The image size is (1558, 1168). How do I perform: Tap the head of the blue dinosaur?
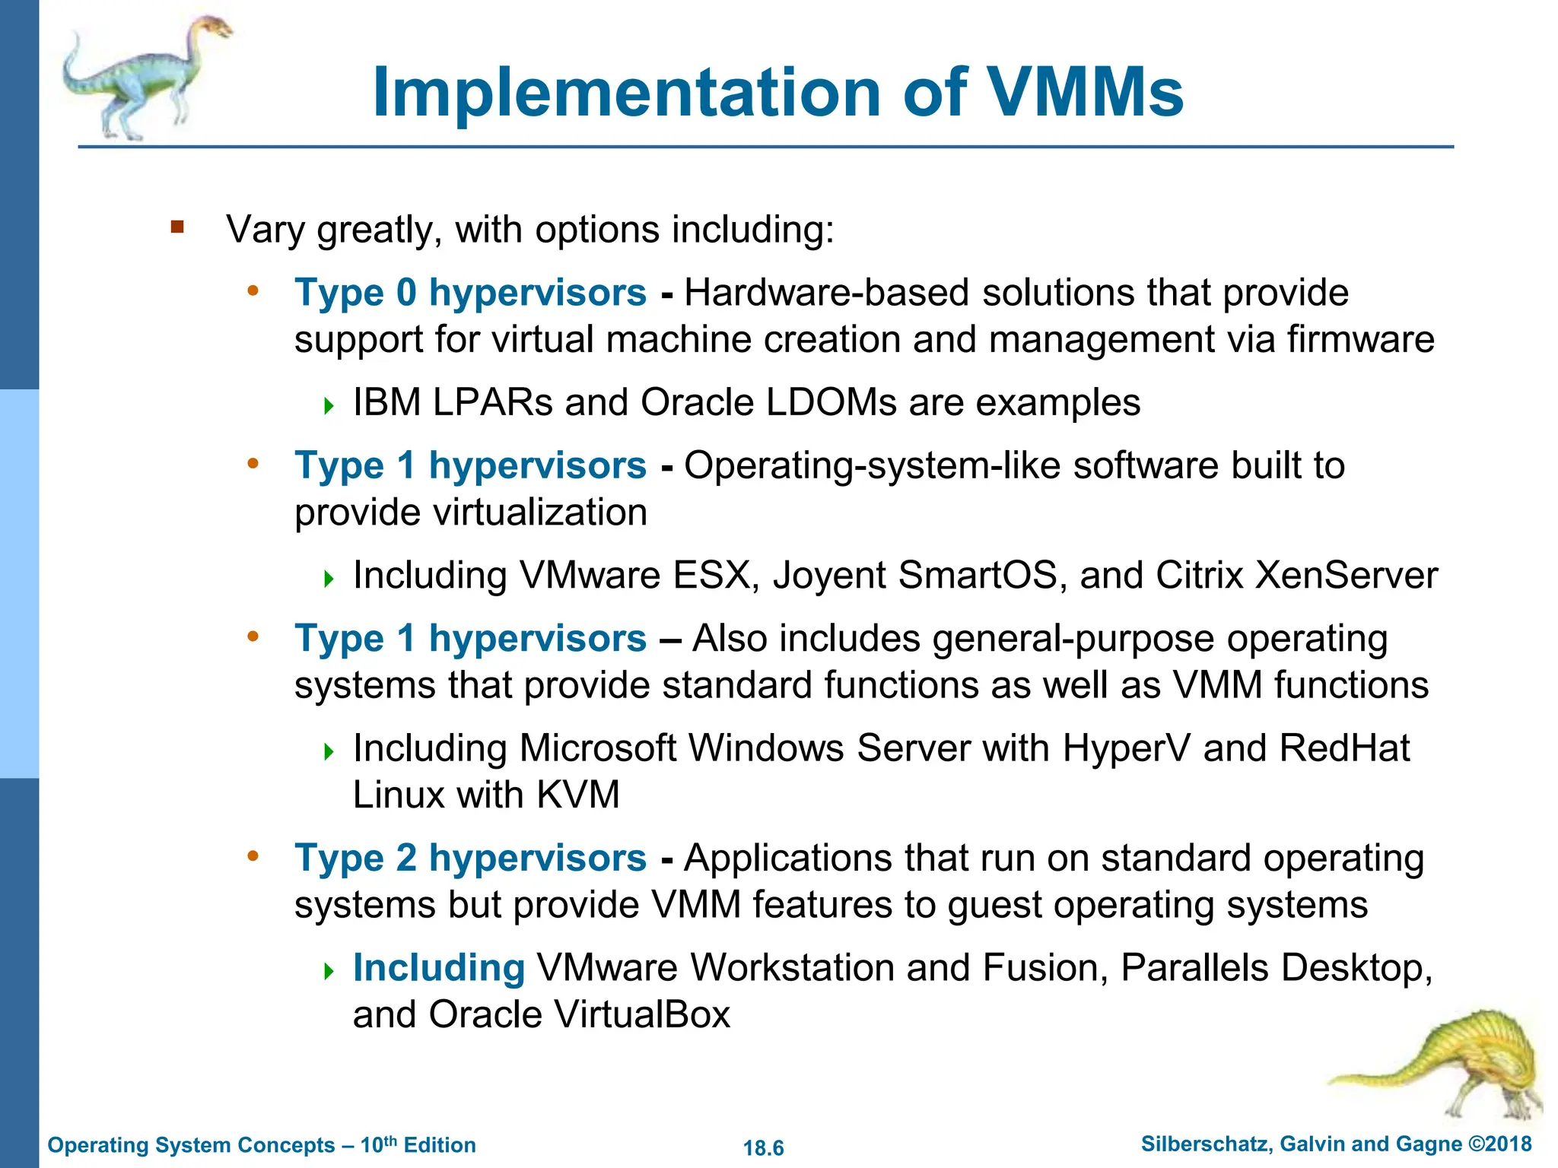(215, 29)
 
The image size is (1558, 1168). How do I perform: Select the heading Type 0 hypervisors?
(470, 293)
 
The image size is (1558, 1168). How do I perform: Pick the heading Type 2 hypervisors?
(470, 859)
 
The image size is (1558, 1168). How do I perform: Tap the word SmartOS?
(977, 576)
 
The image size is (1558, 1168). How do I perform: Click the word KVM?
(577, 795)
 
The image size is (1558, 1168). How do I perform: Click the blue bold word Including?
(439, 968)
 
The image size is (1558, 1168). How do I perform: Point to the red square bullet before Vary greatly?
(177, 227)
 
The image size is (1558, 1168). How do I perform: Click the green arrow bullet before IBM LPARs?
(329, 405)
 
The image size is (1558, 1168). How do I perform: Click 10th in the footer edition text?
(378, 1144)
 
